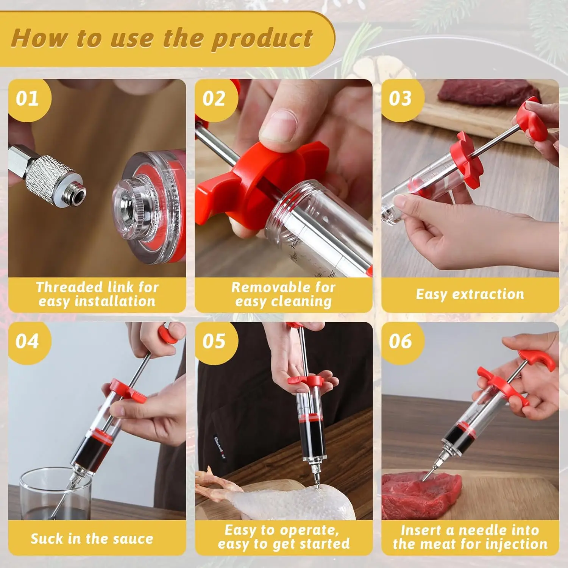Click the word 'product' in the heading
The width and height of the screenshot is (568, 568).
(262, 39)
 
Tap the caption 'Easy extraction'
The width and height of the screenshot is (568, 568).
(470, 294)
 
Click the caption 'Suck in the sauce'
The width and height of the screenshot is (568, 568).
(92, 538)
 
